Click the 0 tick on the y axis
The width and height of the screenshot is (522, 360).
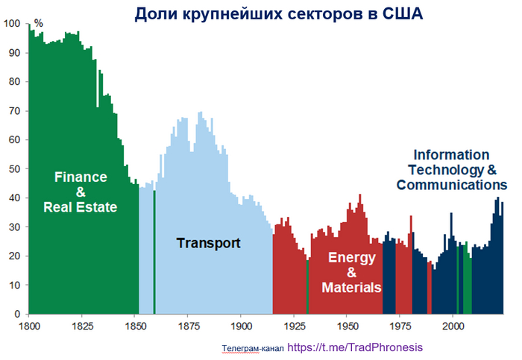coord(19,314)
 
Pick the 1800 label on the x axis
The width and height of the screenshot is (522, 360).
coord(29,326)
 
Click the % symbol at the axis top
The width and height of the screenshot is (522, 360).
coord(39,23)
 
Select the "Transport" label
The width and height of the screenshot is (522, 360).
coord(208,243)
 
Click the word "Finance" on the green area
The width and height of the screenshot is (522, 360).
coord(81,177)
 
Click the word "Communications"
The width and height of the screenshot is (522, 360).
coord(452,184)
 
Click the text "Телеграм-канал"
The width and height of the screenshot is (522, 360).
coord(253,348)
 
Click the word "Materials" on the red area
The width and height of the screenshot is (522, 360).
coord(351,288)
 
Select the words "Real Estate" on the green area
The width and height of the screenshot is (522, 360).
coord(81,207)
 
